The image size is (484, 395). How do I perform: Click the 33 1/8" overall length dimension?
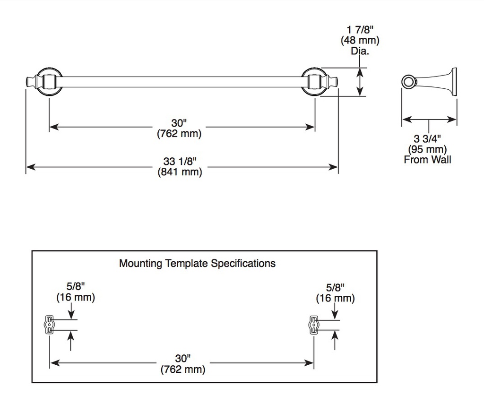(x=180, y=162)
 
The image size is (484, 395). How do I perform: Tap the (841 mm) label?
(x=180, y=172)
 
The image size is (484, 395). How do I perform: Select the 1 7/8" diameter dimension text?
(x=360, y=30)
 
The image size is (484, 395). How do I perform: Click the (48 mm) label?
(x=360, y=40)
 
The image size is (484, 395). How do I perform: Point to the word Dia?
(x=360, y=51)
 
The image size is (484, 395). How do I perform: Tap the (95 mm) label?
(x=427, y=149)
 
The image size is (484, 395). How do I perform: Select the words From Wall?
(x=427, y=160)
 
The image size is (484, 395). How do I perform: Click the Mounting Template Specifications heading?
(x=197, y=263)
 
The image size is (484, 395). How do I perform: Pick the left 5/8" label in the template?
(x=76, y=286)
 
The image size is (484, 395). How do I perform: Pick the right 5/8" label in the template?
(x=335, y=287)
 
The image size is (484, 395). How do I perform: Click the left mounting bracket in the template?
(x=49, y=325)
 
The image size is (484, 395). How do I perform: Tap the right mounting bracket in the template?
(x=314, y=325)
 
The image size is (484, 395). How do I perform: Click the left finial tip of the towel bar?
(x=26, y=82)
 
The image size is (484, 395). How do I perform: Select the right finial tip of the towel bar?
(x=337, y=82)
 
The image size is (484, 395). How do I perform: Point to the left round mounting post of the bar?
(x=49, y=82)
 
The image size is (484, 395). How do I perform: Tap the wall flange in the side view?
(x=454, y=82)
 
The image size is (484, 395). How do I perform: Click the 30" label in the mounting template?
(x=183, y=359)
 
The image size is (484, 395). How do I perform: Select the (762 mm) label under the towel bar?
(x=179, y=134)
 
